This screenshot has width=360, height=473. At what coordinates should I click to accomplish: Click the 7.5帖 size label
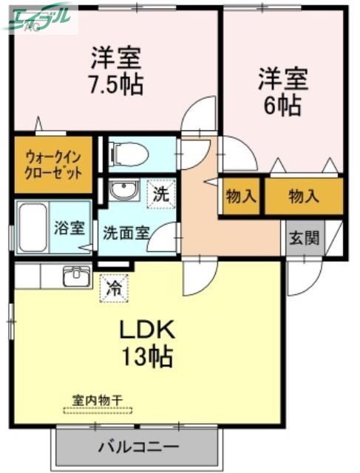click(x=116, y=81)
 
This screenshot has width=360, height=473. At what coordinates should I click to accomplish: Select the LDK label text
click(x=147, y=328)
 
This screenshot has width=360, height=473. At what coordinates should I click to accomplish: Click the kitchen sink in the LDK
click(x=75, y=276)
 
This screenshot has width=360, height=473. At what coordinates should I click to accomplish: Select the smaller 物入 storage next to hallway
click(x=240, y=197)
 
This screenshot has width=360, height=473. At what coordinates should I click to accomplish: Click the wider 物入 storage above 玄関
click(x=303, y=197)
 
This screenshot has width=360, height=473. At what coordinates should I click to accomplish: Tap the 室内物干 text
click(x=98, y=398)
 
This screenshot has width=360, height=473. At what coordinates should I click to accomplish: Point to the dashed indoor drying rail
click(x=98, y=410)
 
